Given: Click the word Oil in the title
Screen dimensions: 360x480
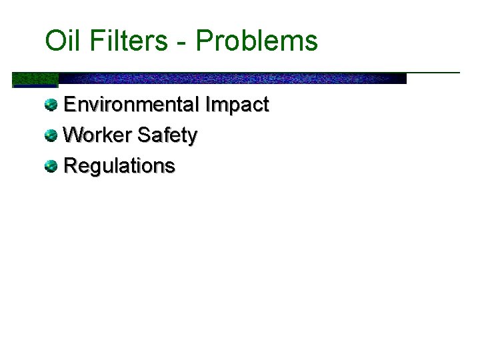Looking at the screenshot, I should click(61, 41).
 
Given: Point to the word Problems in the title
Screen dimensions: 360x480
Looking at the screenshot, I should click(257, 41).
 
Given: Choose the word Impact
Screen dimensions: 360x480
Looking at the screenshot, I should click(237, 105).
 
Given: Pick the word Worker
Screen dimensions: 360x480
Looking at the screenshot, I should click(97, 135).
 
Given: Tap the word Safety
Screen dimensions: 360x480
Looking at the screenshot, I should click(167, 136).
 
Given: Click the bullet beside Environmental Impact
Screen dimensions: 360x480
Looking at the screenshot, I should click(51, 105).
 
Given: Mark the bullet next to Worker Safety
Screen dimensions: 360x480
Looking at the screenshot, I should click(51, 135).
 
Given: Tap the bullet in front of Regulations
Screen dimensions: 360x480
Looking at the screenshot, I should click(51, 166).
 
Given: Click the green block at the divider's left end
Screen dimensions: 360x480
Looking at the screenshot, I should click(35, 79).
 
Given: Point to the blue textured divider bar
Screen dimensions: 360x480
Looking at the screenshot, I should click(233, 78).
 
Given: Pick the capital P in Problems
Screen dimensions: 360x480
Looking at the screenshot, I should click(203, 41).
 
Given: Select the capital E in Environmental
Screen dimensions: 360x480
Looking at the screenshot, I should click(69, 105).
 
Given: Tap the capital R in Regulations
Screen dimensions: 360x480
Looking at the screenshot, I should click(70, 166).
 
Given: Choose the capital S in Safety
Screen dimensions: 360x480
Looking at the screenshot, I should click(145, 135).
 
